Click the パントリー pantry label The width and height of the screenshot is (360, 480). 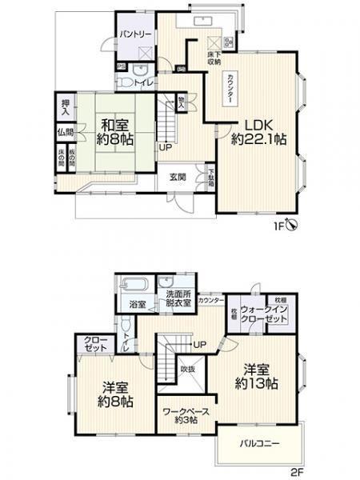136,35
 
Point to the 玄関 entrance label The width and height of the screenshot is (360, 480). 178,177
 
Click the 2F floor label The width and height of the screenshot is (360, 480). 296,473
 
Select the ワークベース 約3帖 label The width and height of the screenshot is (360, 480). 186,417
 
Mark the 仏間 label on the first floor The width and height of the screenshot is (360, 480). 65,132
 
